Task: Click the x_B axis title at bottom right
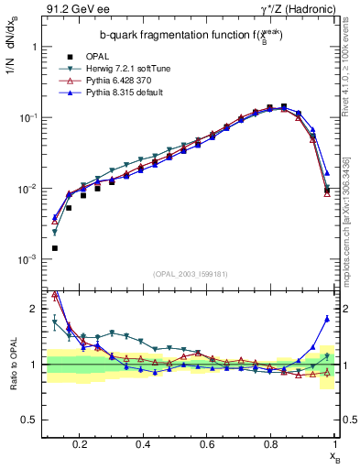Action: coord(336,455)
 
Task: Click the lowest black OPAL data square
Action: coord(54,248)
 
